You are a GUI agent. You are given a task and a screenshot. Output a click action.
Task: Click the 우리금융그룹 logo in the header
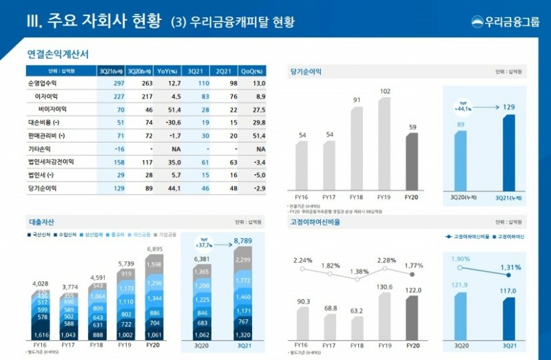[x=506, y=21]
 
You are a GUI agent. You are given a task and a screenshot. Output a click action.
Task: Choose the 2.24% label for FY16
[x=302, y=260]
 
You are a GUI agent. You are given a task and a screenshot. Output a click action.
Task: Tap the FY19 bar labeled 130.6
[x=384, y=317]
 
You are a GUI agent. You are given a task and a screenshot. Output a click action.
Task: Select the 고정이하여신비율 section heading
[x=315, y=222]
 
